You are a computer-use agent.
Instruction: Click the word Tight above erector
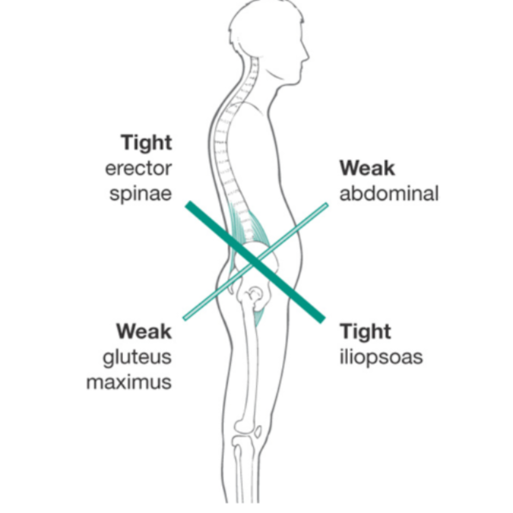tap(146, 142)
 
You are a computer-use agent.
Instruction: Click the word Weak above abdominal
tap(367, 168)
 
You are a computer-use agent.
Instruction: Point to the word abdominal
tap(388, 193)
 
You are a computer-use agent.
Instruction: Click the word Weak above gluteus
tap(144, 331)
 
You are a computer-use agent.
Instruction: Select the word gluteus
tap(137, 356)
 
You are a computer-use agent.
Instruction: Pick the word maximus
tap(128, 382)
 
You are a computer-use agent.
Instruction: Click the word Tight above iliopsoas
tap(366, 331)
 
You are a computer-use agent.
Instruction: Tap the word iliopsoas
tap(381, 356)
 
